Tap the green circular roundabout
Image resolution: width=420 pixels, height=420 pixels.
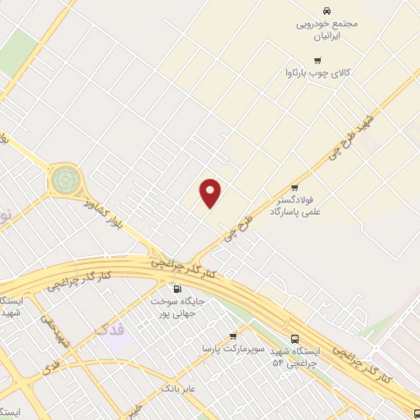point(66,178)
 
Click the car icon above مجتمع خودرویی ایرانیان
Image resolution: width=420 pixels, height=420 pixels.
point(327,11)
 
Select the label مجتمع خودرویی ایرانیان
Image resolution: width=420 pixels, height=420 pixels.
point(327,30)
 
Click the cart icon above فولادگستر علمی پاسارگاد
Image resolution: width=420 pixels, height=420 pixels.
point(294,188)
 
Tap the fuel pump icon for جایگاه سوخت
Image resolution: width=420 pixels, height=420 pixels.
point(177,289)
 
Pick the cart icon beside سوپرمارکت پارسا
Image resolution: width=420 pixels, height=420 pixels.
point(233,336)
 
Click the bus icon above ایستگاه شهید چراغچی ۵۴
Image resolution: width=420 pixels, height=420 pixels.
point(294,338)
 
